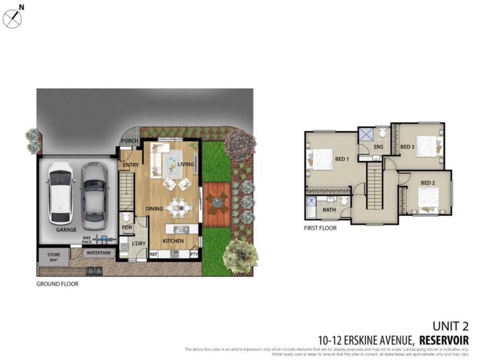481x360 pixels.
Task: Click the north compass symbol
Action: click(12, 19)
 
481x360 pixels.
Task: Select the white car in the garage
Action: click(61, 192)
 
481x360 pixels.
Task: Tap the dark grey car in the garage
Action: click(94, 195)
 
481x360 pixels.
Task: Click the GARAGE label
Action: click(66, 230)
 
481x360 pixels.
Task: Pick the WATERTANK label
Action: click(98, 253)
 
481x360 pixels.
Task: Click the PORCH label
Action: click(129, 140)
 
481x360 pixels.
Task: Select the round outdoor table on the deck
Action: click(217, 202)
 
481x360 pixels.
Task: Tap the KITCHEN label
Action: click(173, 241)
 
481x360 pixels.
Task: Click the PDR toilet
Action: click(126, 217)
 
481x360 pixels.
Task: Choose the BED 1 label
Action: click(342, 159)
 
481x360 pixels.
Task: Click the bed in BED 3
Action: click(426, 146)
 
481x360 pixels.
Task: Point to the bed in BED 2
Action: click(427, 199)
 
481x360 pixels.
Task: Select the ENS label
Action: click(379, 147)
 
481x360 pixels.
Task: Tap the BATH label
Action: click(329, 210)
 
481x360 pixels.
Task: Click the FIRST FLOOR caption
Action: click(320, 228)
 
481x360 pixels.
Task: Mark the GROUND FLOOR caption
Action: click(57, 284)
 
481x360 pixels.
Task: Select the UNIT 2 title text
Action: click(450, 327)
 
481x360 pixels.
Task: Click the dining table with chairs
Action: click(179, 207)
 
